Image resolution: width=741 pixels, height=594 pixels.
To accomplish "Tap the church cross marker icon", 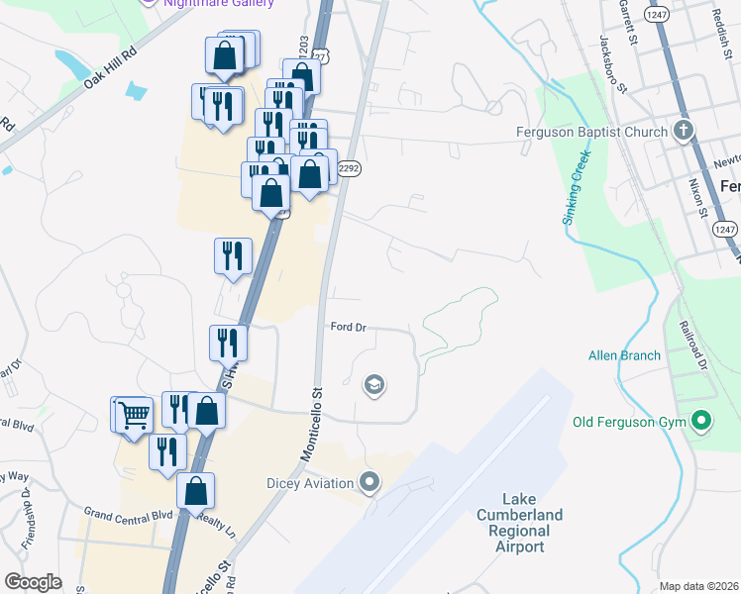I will click(682, 131).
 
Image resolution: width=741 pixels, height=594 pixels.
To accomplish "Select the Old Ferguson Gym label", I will click(629, 423).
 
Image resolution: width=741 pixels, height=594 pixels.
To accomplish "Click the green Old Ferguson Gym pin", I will click(701, 423).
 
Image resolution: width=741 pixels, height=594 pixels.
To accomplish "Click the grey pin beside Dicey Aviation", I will click(370, 483).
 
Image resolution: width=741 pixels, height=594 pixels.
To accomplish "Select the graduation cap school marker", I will click(373, 384).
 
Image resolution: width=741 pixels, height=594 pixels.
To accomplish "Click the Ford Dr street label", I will click(349, 327).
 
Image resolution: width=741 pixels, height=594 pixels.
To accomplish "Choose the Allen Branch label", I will click(617, 355).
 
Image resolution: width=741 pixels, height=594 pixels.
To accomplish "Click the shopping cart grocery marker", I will click(134, 415).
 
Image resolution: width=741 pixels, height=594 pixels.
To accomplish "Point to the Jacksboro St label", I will click(613, 64).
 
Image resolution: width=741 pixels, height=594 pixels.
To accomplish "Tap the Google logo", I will click(33, 581).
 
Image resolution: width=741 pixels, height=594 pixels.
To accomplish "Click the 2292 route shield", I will click(348, 169).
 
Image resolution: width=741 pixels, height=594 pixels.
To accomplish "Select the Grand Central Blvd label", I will click(128, 514).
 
